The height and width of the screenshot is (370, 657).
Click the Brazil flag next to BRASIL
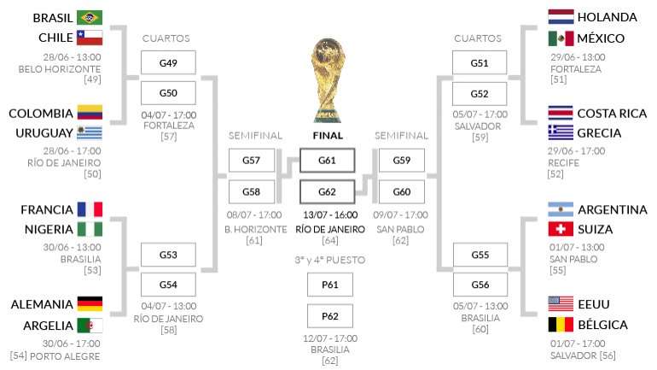(x=90, y=18)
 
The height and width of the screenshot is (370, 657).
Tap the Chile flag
(x=90, y=38)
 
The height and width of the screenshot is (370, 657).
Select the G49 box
(x=168, y=63)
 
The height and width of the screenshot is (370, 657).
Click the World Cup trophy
(x=328, y=80)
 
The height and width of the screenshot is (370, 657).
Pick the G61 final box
(x=328, y=161)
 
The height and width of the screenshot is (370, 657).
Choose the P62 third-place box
(x=330, y=316)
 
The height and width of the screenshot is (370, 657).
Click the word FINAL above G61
(x=328, y=136)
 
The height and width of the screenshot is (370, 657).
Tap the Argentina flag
(x=561, y=209)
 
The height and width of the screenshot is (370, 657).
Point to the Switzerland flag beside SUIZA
(x=561, y=229)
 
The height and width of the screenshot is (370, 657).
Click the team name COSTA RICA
(x=612, y=114)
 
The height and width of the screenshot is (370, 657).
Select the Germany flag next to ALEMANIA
(x=90, y=303)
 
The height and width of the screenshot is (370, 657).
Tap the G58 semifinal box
(x=252, y=191)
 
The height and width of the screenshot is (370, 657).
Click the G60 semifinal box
(x=401, y=191)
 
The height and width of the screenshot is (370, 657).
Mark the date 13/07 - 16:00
(x=330, y=214)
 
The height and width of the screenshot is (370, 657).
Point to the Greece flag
(x=561, y=132)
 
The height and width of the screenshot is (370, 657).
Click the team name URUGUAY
(x=44, y=133)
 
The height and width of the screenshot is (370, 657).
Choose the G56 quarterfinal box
(x=480, y=285)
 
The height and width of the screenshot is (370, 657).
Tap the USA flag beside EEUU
(x=561, y=303)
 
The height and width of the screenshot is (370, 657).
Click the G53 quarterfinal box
(x=168, y=255)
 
